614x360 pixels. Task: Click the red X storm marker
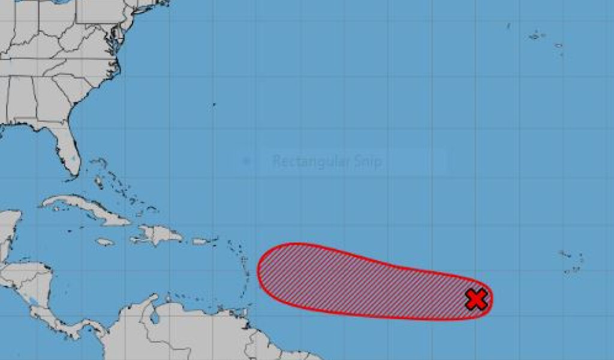coord(476,299)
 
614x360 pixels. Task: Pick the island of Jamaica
coord(105,242)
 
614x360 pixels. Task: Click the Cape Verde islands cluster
coord(571,262)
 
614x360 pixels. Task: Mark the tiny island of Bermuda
coord(214,104)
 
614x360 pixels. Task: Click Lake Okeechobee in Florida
coord(73,161)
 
